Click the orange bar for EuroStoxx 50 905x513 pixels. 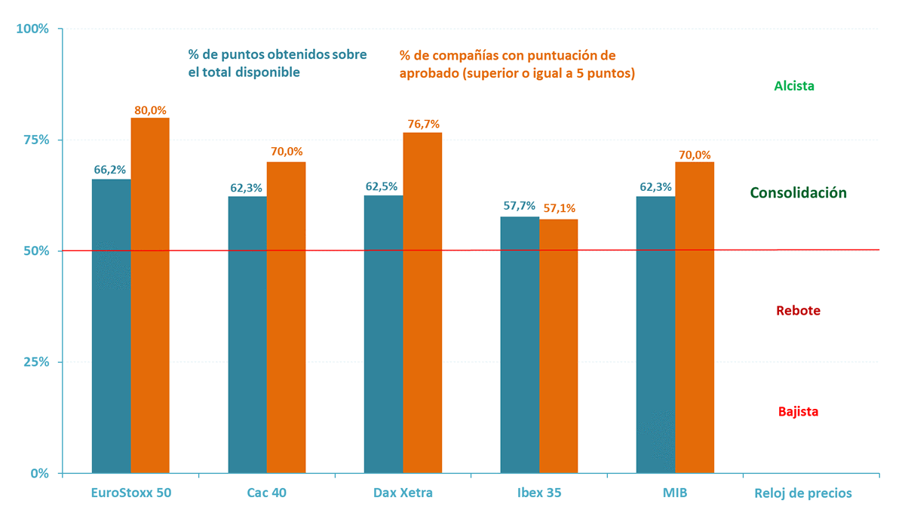(150, 294)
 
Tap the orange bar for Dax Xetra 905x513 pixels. (422, 302)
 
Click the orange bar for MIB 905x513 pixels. (695, 317)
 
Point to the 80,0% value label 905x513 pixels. (150, 110)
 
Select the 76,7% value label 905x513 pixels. (422, 124)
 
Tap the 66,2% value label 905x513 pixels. (110, 170)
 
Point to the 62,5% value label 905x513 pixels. (383, 186)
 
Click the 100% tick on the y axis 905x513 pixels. (32, 29)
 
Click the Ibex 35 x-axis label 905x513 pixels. (539, 493)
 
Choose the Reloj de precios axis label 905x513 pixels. (803, 493)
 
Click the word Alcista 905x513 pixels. (794, 86)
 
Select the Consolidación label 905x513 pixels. (798, 193)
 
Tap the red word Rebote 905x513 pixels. (798, 311)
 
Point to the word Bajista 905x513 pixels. (798, 412)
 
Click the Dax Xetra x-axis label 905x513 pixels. (403, 493)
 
